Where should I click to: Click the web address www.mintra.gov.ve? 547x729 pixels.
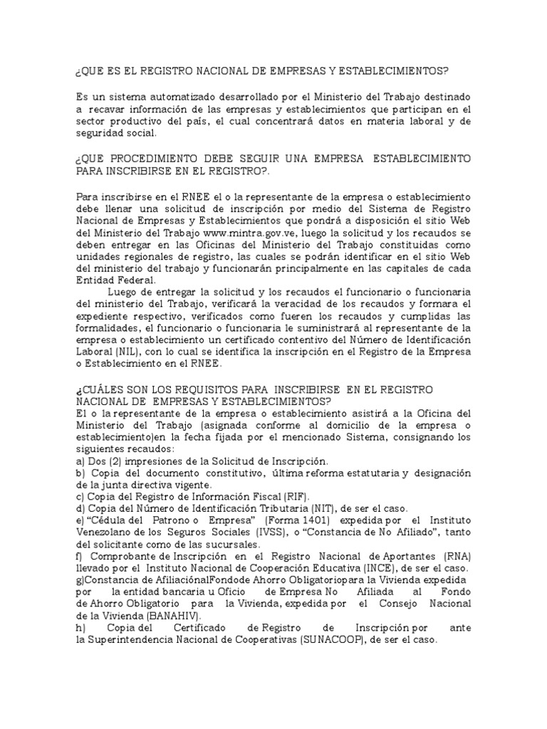tap(241, 232)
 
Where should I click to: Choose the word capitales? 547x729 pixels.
tap(411, 268)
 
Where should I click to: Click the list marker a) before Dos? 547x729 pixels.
tap(79, 461)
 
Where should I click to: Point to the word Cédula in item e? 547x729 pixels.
tap(108, 520)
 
